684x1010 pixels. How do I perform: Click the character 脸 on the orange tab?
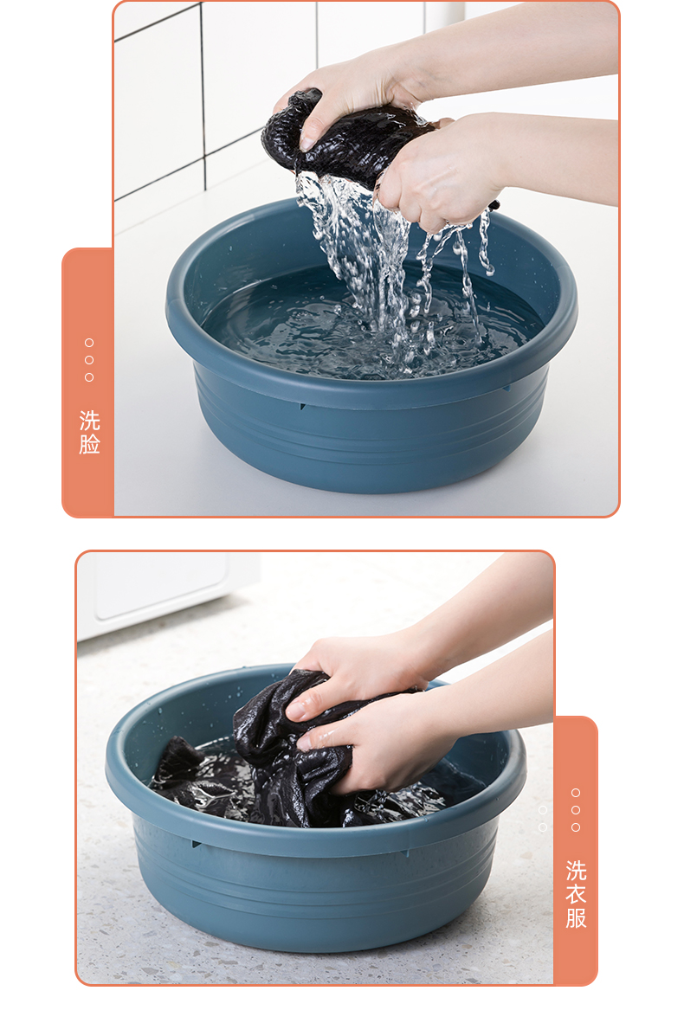[x=89, y=444]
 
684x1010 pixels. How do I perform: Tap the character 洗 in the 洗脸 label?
[x=89, y=421]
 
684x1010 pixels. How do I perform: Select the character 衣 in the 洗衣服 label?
[x=576, y=894]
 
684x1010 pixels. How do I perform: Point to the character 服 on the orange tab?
[x=576, y=917]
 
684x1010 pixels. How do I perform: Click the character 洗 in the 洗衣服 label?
[x=576, y=871]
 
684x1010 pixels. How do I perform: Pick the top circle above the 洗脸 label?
[x=89, y=343]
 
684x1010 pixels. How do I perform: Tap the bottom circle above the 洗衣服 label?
[x=576, y=827]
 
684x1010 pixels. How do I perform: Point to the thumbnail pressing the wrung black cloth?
[x=309, y=142]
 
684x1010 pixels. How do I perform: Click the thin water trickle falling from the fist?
[x=483, y=245]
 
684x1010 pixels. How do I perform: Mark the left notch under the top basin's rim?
[x=301, y=407]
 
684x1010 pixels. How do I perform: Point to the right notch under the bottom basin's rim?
[x=406, y=852]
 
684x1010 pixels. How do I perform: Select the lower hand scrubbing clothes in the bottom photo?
[x=380, y=741]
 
